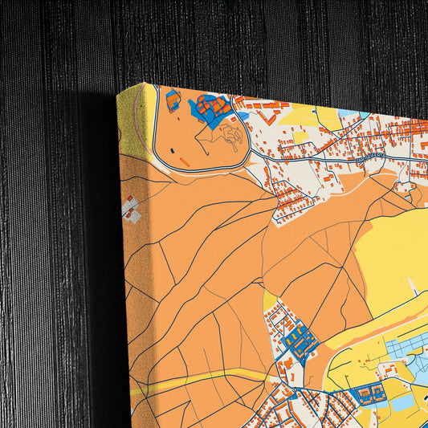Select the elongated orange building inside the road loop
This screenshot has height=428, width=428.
click(185, 161)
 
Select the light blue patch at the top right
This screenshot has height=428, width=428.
click(349, 113)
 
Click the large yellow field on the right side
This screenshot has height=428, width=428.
click(389, 257)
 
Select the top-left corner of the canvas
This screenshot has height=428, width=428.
click(118, 93)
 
